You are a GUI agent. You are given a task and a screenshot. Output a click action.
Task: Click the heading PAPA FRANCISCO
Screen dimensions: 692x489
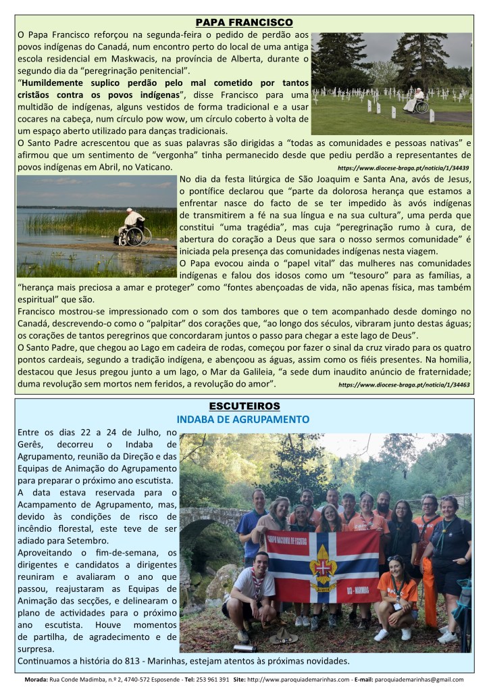point(244,22)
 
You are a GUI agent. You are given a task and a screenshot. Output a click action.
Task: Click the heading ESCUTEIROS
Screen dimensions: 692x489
point(244,406)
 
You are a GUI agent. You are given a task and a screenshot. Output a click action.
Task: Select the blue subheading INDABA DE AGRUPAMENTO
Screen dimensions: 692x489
point(243,420)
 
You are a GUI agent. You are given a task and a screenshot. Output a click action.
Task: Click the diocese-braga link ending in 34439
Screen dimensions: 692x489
point(403,167)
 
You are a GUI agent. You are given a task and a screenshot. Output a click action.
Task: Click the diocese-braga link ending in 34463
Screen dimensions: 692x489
point(404,385)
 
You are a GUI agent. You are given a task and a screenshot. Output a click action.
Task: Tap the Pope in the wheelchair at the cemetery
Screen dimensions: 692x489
point(415,101)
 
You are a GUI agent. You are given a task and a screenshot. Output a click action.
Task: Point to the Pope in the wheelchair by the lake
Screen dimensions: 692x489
point(132,228)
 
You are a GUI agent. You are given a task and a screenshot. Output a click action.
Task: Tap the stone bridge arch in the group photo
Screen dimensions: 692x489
point(203,534)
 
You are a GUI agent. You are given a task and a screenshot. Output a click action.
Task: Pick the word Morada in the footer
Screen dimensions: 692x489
point(36,679)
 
